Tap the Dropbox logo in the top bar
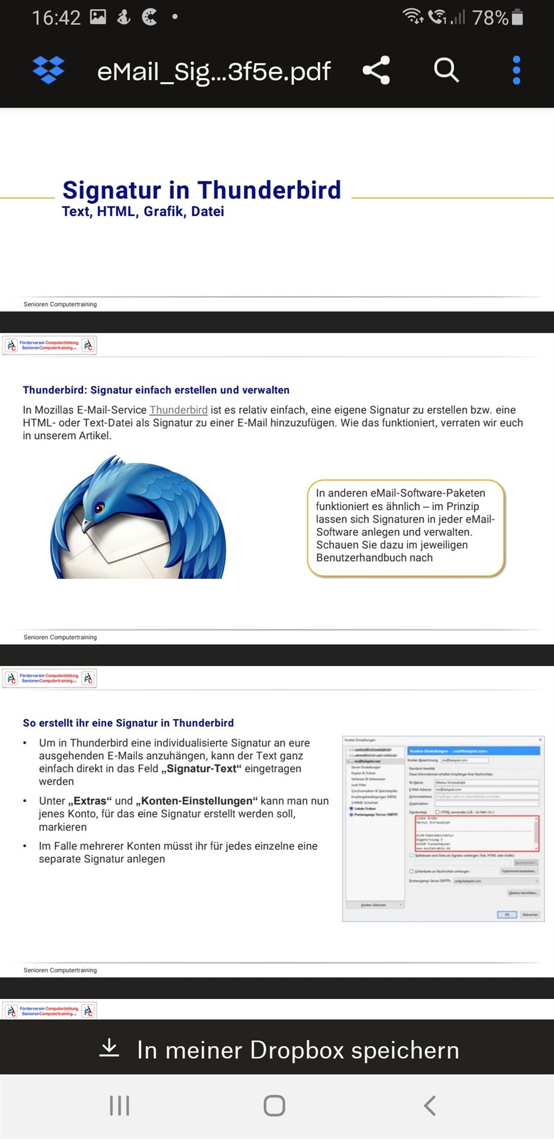tap(48, 71)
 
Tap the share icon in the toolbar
tap(376, 71)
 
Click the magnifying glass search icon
tap(446, 70)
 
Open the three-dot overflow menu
tap(516, 70)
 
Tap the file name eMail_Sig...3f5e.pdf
tap(214, 72)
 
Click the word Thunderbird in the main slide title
tap(269, 190)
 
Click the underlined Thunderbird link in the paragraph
tap(179, 410)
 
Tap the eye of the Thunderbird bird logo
tap(100, 507)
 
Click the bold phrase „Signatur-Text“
tap(201, 769)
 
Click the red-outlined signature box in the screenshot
tap(476, 833)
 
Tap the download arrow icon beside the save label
tap(109, 1049)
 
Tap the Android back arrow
tap(430, 1105)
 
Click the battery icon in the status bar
tap(517, 17)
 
